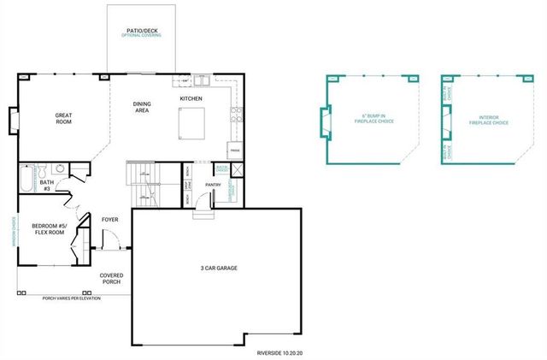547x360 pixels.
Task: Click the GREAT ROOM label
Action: [63, 119]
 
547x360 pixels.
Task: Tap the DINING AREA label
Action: [141, 107]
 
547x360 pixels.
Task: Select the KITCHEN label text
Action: [191, 99]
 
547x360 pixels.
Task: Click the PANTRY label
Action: [214, 184]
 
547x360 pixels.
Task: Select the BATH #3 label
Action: [47, 184]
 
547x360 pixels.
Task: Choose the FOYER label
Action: [110, 219]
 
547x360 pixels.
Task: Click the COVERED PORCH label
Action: [112, 279]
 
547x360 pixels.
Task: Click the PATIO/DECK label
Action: [141, 31]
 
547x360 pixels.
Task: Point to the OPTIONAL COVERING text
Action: [141, 37]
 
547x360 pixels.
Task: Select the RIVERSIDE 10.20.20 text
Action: [279, 351]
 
